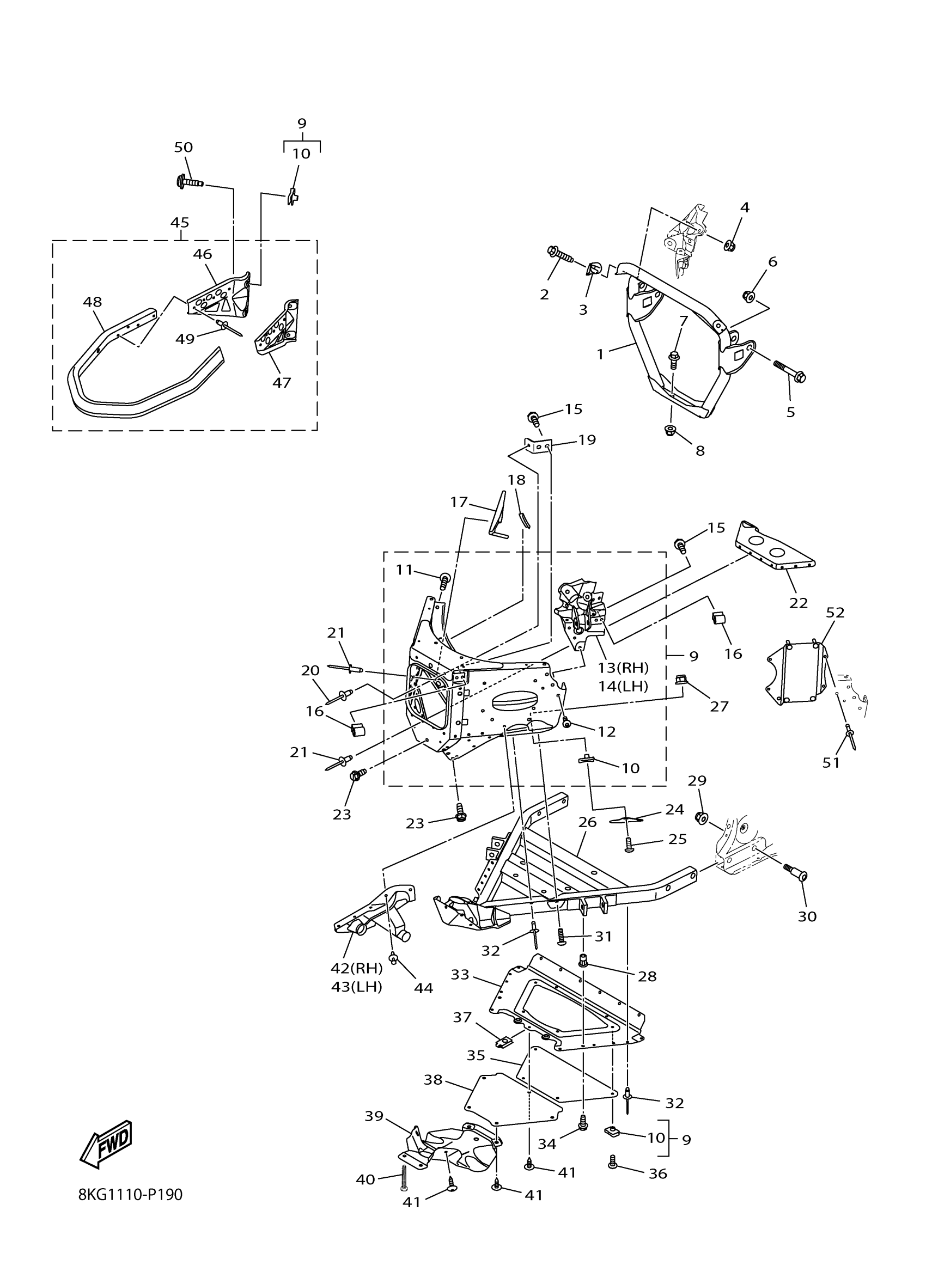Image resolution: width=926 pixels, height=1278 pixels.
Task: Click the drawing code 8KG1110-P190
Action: click(x=131, y=1210)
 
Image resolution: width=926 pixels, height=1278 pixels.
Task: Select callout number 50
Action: click(x=183, y=148)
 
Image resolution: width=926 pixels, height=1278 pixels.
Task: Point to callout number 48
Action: click(x=93, y=302)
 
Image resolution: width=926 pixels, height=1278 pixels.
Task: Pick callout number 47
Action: click(x=282, y=383)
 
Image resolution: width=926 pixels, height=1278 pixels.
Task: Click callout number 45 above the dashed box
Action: click(x=180, y=223)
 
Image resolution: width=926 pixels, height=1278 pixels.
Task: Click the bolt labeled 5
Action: click(x=790, y=370)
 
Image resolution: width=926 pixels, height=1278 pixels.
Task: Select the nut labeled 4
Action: click(x=728, y=245)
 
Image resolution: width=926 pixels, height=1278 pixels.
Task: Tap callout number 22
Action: click(x=799, y=603)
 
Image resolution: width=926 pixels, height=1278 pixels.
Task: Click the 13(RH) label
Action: click(x=624, y=668)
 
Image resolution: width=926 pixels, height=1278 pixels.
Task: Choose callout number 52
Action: click(x=835, y=613)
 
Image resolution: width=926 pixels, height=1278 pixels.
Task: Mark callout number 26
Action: click(x=587, y=822)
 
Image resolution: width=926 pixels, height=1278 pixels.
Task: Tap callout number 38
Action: click(x=433, y=1080)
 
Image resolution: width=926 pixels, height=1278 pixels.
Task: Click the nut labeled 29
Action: click(x=702, y=818)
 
